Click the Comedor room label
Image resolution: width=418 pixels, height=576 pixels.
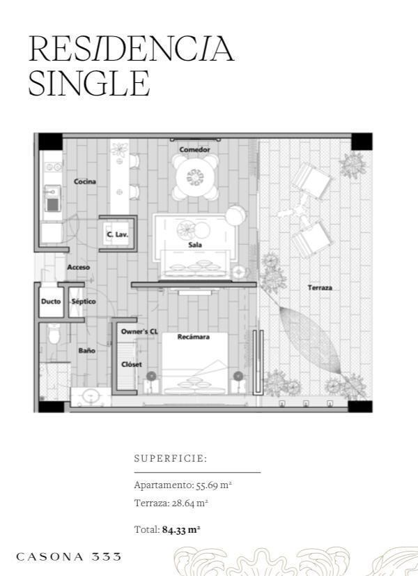coord(194,149)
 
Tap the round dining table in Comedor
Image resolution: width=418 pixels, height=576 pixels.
coord(195,177)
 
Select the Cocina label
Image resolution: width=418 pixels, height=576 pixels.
coord(85,181)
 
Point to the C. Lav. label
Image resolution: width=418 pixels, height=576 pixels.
coord(117,234)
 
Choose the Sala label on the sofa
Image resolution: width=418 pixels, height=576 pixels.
coord(195,245)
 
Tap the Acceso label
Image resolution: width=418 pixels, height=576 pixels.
coord(78,268)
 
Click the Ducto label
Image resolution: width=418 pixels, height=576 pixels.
coord(51,301)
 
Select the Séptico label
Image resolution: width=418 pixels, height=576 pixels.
coord(84,301)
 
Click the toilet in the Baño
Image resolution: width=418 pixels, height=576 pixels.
coord(54,333)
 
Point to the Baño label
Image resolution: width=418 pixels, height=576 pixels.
coord(87,351)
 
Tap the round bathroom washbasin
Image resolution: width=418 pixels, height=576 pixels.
coord(90,396)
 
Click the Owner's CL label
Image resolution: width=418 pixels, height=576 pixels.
coord(139,332)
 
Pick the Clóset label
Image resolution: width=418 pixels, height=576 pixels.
coord(132,365)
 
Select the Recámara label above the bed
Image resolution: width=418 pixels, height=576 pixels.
coord(194,337)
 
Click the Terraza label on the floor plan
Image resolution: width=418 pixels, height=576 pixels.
coord(320,287)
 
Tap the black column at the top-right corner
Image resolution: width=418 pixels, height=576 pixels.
coord(362,142)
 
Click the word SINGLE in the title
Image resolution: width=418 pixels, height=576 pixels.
coord(89,84)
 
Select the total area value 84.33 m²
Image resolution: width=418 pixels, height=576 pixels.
coord(181,530)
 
